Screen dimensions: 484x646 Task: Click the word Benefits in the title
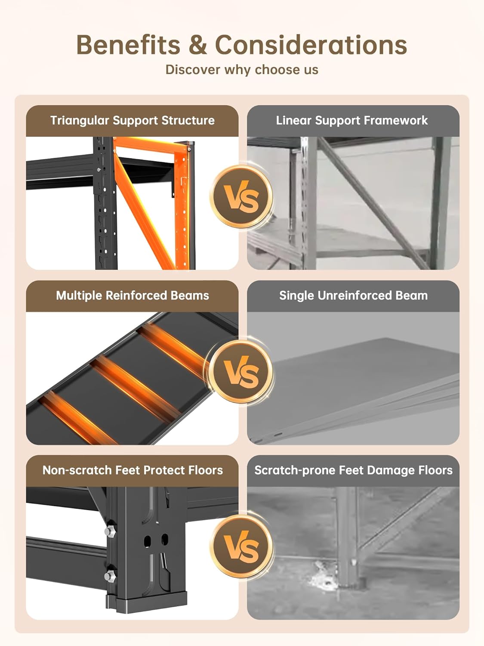click(x=128, y=45)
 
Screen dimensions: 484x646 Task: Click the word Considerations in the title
click(x=311, y=45)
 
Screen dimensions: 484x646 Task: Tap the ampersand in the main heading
click(x=197, y=45)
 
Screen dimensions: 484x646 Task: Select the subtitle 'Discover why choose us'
click(x=242, y=70)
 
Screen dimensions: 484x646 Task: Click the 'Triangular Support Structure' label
click(x=132, y=120)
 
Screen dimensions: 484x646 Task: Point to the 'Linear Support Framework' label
click(x=352, y=120)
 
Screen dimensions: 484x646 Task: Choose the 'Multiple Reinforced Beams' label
click(x=132, y=295)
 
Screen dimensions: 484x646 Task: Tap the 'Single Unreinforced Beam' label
click(x=353, y=295)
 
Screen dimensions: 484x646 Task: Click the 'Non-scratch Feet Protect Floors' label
click(x=133, y=470)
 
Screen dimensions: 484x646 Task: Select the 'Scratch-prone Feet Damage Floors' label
click(x=353, y=470)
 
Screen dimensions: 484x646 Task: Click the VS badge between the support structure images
click(x=241, y=196)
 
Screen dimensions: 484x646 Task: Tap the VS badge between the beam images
click(x=241, y=372)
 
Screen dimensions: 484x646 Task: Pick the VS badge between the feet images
click(x=241, y=547)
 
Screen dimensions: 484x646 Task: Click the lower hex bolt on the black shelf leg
click(x=110, y=576)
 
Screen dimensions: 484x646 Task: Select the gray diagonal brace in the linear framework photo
click(x=373, y=203)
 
